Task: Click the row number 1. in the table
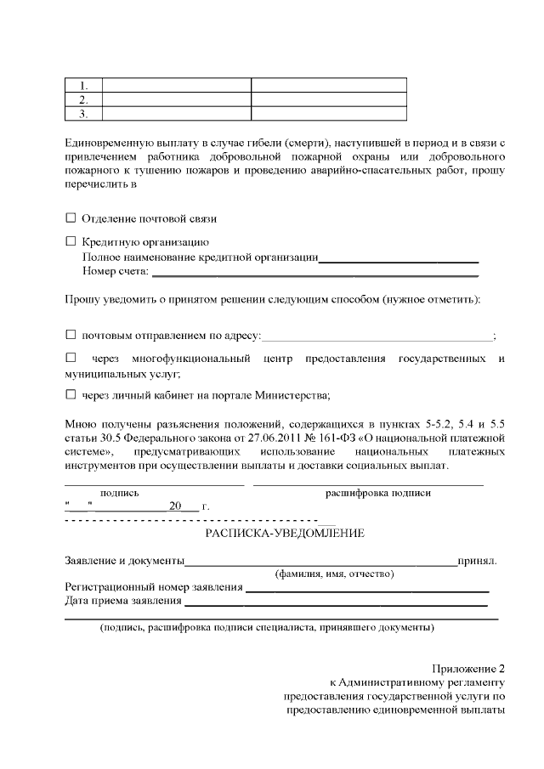click(83, 85)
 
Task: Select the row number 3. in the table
click(83, 113)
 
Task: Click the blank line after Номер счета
click(314, 274)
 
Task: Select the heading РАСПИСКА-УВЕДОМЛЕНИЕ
click(285, 533)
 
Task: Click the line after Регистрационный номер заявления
click(367, 588)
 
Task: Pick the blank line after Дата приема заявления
click(336, 602)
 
